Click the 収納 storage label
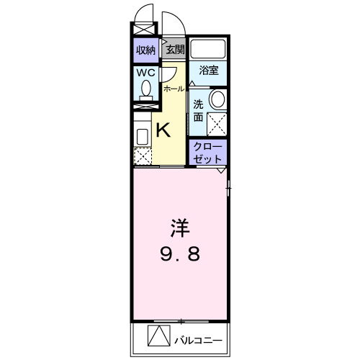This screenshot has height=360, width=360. point(145,50)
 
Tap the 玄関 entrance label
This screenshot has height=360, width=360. point(175,50)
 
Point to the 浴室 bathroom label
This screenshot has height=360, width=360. point(209,71)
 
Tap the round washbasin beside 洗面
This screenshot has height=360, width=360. point(217,99)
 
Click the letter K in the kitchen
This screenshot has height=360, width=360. point(163,130)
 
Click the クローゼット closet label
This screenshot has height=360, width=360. point(208,151)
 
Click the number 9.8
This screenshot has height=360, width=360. point(180,254)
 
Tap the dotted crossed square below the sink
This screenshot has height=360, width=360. point(143,156)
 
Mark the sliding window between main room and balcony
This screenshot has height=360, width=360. point(180,319)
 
